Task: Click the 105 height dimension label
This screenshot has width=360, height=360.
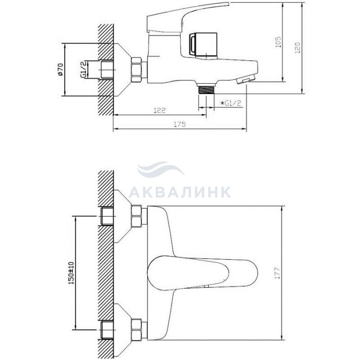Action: (x=278, y=42)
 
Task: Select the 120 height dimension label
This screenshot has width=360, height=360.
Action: (x=297, y=48)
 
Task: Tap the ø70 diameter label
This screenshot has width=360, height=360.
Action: (x=60, y=69)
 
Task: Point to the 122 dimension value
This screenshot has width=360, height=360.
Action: (x=160, y=111)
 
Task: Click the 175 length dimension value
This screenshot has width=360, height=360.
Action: (x=180, y=124)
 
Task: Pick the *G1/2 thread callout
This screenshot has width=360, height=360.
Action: (x=231, y=103)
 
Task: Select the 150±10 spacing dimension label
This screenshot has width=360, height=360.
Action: (x=71, y=273)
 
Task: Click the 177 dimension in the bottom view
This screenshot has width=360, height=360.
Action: (x=278, y=273)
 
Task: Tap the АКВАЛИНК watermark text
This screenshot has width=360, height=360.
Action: (x=180, y=192)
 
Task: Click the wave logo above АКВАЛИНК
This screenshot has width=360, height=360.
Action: (x=160, y=169)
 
